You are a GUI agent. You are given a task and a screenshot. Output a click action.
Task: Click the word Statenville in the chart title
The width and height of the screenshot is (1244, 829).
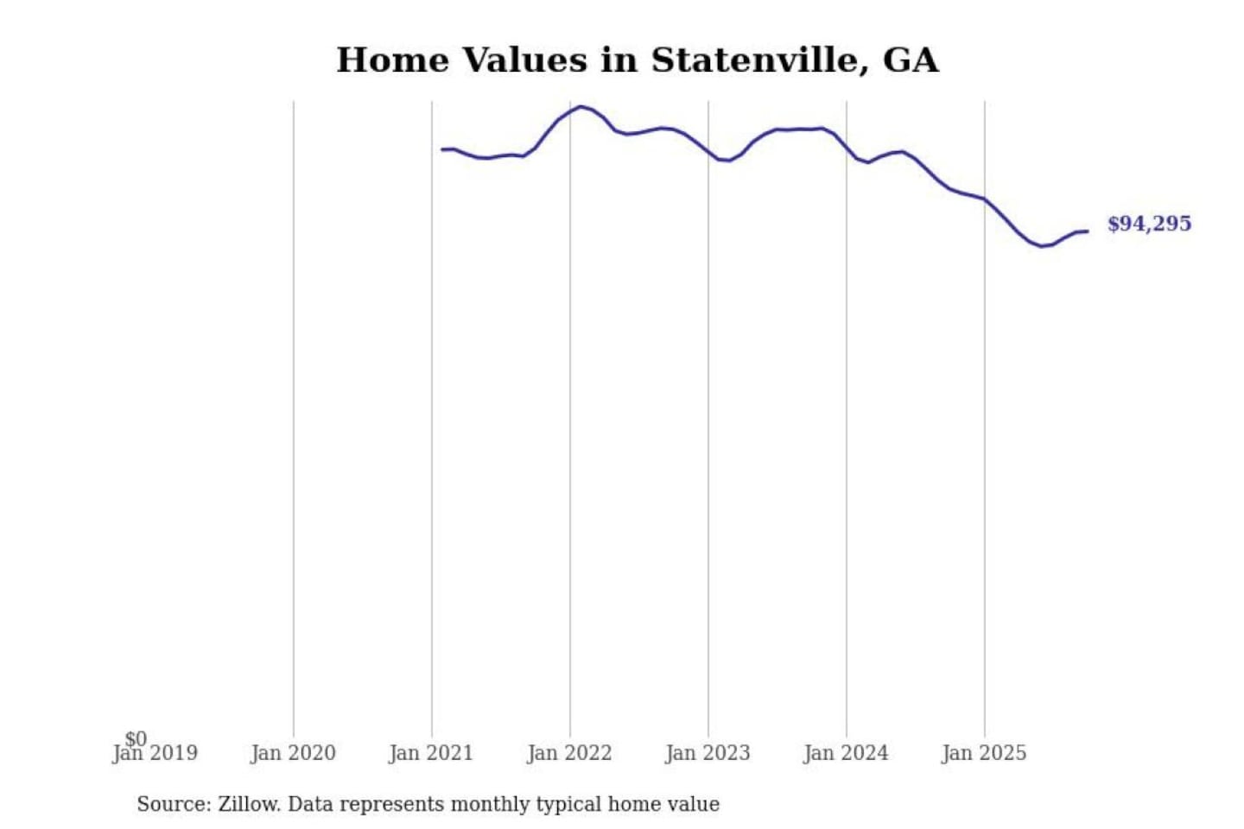pos(754,60)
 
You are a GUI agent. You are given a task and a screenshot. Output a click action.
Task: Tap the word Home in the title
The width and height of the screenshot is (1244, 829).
pos(393,60)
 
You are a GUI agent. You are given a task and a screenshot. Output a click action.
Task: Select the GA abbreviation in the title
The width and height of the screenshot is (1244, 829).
pos(911,60)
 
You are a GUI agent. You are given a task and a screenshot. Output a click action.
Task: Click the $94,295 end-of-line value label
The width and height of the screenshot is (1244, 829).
pos(1149,224)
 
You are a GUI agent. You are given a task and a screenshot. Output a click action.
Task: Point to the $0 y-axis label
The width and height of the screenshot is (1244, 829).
pos(136,738)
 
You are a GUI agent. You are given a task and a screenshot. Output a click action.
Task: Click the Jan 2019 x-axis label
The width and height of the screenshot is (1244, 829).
pos(155,754)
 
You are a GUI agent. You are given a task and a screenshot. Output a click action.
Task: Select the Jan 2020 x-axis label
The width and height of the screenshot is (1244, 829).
pos(293,754)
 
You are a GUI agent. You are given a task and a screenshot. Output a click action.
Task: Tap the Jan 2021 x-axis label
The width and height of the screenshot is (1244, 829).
pos(431,754)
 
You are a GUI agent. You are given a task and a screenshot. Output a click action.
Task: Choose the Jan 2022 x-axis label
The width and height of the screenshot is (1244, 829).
pos(569,754)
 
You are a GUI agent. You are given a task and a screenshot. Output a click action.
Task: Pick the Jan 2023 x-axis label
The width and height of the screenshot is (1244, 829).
pos(708,754)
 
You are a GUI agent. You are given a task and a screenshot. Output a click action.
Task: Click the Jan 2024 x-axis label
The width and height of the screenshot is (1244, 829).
pos(846,754)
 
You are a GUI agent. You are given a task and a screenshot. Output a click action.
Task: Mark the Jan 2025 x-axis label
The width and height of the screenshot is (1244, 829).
pos(984,754)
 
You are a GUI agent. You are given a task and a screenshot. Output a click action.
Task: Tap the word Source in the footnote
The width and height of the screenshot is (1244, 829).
pos(172,804)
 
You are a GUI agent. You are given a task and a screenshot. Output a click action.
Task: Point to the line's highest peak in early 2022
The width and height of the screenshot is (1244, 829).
pos(581,107)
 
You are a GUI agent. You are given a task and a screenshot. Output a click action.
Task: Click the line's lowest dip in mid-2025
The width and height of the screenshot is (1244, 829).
pos(1042,246)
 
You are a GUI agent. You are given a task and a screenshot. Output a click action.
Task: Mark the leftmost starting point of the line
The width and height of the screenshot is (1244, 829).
pos(442,149)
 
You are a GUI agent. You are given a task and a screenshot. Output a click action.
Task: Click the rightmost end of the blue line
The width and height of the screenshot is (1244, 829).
pos(1087,231)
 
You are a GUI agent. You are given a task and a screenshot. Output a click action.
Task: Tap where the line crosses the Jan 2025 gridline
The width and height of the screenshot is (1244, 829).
pos(985,199)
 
